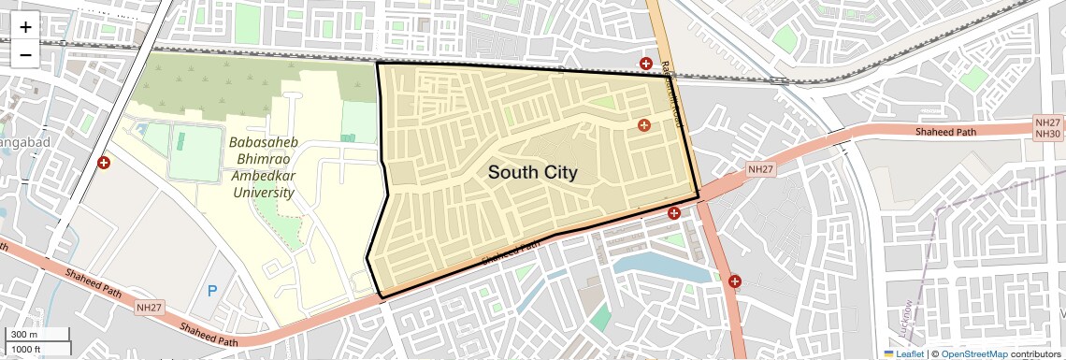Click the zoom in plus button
[25, 27]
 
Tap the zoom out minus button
[25, 55]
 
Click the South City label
[532, 172]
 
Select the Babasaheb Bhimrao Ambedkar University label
[261, 167]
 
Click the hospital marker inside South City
[643, 124]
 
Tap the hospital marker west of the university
[104, 162]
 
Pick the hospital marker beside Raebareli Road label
[645, 64]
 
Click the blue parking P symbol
[211, 292]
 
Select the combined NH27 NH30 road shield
[1048, 129]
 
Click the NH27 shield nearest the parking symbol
[149, 306]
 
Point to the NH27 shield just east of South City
[760, 169]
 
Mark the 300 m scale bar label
[23, 335]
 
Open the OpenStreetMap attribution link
[973, 353]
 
